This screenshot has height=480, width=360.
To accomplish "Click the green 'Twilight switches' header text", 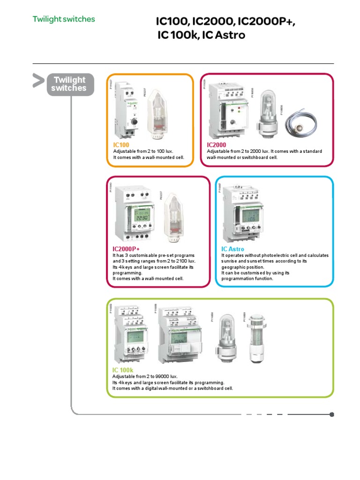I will (63, 19).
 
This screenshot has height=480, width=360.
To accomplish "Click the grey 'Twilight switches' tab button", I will (69, 85).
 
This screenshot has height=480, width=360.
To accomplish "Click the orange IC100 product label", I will (121, 145).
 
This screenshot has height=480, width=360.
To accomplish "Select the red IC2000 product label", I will (217, 145).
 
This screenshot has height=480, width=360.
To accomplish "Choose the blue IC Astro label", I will (232, 249).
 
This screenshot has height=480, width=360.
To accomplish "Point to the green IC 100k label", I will (123, 370).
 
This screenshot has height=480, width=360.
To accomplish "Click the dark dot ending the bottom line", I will (332, 414).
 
